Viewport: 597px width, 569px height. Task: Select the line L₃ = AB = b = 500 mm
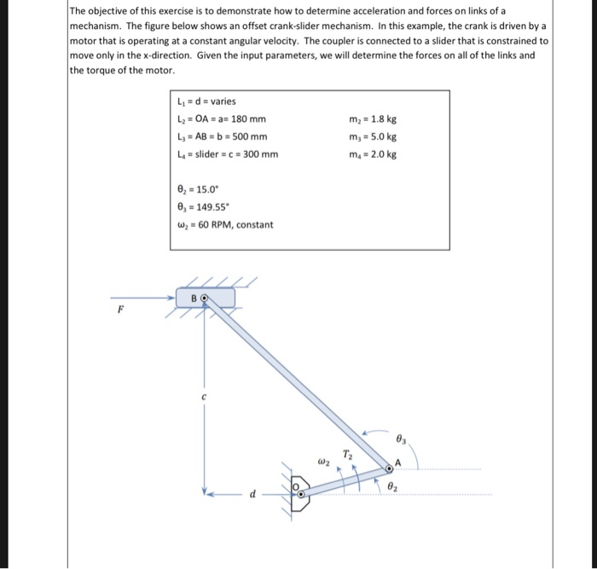(221, 136)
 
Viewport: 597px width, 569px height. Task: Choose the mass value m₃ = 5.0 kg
(374, 136)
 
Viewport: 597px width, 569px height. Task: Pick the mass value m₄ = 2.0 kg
(374, 154)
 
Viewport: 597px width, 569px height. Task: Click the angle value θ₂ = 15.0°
(197, 189)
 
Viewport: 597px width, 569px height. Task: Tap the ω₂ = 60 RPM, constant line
(223, 225)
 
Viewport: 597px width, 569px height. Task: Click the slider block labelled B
(206, 298)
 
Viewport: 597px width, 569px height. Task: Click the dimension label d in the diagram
(251, 494)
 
